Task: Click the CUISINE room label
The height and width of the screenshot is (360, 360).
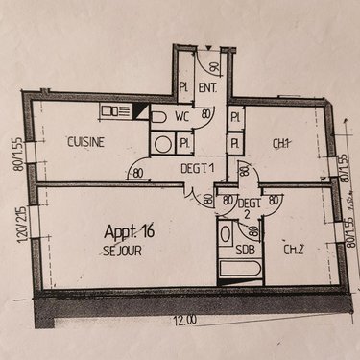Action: pyautogui.click(x=85, y=142)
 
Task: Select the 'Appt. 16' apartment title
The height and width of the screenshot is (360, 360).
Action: pyautogui.click(x=128, y=231)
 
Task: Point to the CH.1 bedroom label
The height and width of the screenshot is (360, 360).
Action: pyautogui.click(x=281, y=144)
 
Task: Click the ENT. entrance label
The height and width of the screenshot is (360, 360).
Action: pyautogui.click(x=206, y=87)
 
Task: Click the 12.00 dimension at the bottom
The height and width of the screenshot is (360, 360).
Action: pyautogui.click(x=185, y=319)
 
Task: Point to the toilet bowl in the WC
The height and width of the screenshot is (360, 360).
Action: pyautogui.click(x=159, y=117)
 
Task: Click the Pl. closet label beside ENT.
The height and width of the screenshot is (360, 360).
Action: pyautogui.click(x=184, y=87)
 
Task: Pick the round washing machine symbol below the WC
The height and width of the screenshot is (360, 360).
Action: pyautogui.click(x=163, y=145)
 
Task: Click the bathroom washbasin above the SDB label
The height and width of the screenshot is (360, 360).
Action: pyautogui.click(x=227, y=235)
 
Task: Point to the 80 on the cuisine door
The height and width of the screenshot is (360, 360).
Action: pyautogui.click(x=139, y=174)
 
